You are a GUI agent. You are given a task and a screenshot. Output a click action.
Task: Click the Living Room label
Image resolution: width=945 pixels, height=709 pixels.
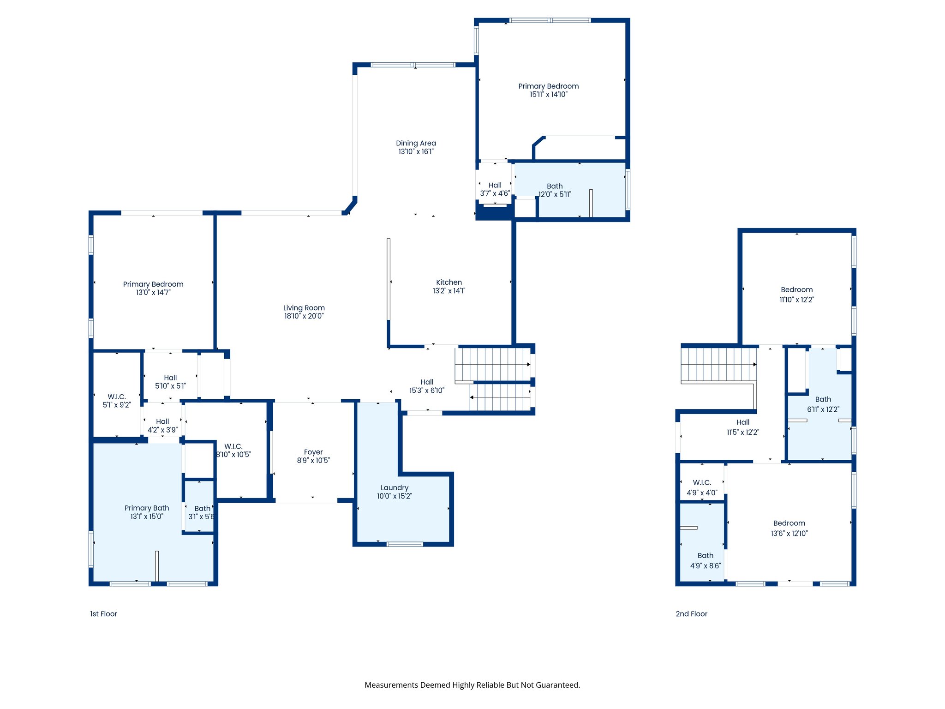click(304, 308)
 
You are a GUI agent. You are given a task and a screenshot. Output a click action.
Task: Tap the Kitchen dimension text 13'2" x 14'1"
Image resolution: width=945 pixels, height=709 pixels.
click(449, 291)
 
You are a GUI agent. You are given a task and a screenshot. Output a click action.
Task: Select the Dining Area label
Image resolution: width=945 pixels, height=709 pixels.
click(416, 143)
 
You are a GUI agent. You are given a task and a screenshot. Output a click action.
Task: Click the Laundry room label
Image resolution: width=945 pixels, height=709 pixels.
click(394, 488)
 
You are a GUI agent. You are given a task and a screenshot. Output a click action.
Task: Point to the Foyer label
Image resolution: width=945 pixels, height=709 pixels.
click(313, 452)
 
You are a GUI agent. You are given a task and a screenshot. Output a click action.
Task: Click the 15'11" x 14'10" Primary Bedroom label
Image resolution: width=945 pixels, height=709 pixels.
click(548, 86)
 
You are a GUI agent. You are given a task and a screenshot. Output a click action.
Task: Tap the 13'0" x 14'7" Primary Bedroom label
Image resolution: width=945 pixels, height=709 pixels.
click(153, 284)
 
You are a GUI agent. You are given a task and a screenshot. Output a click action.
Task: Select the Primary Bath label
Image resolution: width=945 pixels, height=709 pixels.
click(147, 508)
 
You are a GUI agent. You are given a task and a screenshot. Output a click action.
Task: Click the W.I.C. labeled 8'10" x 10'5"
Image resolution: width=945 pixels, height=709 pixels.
click(233, 446)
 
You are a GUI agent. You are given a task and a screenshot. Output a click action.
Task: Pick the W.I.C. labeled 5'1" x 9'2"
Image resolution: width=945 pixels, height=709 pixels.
click(117, 397)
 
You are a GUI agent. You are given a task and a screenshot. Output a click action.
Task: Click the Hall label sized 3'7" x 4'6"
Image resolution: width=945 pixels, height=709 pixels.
click(495, 185)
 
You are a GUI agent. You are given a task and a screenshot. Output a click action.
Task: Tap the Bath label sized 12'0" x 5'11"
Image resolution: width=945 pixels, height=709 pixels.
click(554, 186)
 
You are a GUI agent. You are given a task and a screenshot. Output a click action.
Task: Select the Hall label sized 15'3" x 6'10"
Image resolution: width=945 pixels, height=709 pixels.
click(427, 382)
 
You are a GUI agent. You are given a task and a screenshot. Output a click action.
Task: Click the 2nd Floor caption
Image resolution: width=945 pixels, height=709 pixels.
click(691, 614)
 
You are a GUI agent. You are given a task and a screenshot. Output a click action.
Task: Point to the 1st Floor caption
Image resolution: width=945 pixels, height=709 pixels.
click(103, 614)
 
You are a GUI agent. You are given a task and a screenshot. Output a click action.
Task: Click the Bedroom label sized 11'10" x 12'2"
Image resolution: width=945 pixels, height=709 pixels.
click(796, 290)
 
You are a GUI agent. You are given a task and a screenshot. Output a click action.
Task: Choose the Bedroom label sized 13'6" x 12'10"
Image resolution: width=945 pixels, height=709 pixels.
click(789, 523)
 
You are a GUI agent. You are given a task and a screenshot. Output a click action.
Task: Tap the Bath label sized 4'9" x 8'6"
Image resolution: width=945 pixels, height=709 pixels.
click(705, 556)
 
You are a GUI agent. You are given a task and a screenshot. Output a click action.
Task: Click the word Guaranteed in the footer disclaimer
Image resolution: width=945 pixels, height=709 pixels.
click(557, 685)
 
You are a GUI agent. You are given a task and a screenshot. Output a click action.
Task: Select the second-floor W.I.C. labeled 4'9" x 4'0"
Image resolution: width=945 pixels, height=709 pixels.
click(702, 483)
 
